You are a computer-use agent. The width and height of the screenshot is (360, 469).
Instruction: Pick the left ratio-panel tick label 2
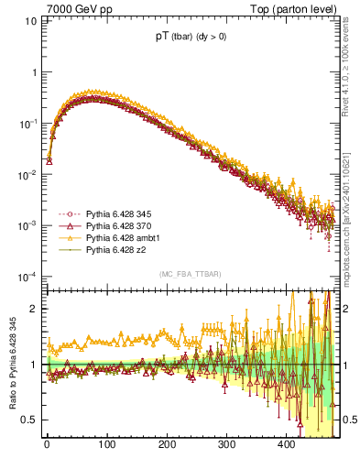[x=36, y=309]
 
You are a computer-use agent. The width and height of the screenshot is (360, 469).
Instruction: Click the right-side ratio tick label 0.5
[x=348, y=420]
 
